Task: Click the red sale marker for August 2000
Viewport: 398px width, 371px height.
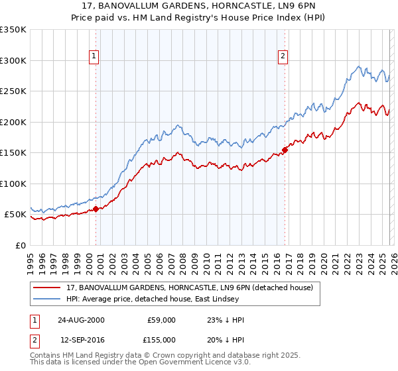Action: [96, 209]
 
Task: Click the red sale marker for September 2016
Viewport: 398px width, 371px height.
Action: [285, 150]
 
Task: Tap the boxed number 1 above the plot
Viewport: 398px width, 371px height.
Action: [95, 57]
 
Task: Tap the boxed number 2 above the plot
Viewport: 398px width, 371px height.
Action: [283, 57]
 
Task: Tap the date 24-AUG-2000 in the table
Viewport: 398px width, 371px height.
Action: [81, 319]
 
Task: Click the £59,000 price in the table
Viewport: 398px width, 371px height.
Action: [161, 319]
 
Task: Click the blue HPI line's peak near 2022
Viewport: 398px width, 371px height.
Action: [359, 66]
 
